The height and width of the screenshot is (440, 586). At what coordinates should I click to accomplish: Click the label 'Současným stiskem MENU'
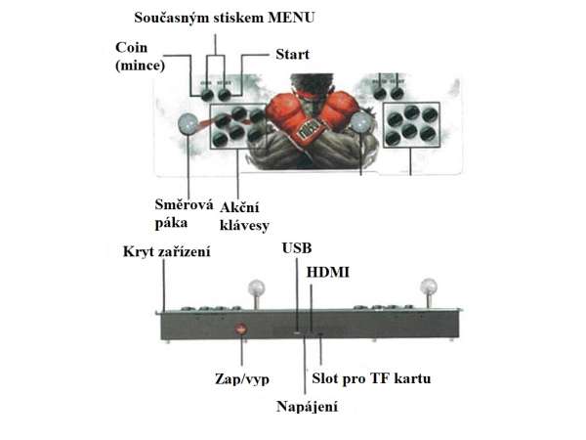point(225,18)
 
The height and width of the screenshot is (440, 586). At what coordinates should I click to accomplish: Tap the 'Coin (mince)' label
point(140,56)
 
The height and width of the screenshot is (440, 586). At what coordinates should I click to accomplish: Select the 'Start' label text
point(292,54)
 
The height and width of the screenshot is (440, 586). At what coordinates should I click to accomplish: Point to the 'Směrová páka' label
point(184,213)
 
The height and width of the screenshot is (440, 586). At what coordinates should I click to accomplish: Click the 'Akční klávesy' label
point(244,217)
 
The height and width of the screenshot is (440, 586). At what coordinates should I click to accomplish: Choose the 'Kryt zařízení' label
point(167,251)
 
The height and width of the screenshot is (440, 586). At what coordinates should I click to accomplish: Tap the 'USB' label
point(297,248)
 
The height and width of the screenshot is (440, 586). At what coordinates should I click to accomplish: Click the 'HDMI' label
point(328,272)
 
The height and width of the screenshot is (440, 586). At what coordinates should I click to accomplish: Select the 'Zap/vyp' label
point(242,379)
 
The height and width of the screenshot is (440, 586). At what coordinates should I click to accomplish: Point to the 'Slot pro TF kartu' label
point(371,378)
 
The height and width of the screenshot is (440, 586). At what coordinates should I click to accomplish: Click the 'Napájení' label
point(307,407)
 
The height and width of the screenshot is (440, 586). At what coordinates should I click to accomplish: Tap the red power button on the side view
point(241,329)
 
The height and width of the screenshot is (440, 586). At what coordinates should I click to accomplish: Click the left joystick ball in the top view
point(188,123)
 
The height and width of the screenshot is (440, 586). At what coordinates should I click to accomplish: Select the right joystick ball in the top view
point(360,122)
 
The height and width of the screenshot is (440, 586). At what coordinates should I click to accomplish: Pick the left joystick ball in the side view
point(256,288)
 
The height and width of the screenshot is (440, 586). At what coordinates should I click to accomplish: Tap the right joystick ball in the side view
point(429,286)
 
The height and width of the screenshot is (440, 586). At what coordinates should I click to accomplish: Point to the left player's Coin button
point(207,95)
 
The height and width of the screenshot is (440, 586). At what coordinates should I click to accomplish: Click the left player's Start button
point(225,95)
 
